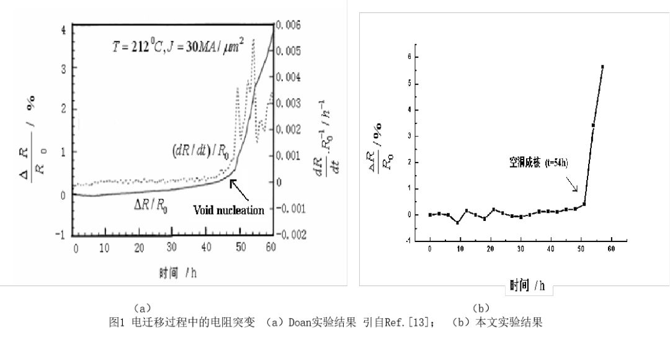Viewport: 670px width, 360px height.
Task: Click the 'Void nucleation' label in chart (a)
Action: pos(228,210)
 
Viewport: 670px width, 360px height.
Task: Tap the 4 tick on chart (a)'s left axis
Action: pos(63,29)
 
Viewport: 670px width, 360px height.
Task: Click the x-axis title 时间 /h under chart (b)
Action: pos(527,285)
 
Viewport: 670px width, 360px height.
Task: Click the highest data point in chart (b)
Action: pos(602,66)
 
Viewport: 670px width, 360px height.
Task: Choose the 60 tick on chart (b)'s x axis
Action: pos(611,248)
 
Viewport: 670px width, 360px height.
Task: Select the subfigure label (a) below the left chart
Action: pos(142,307)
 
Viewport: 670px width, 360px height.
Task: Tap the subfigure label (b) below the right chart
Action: pos(481,307)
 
